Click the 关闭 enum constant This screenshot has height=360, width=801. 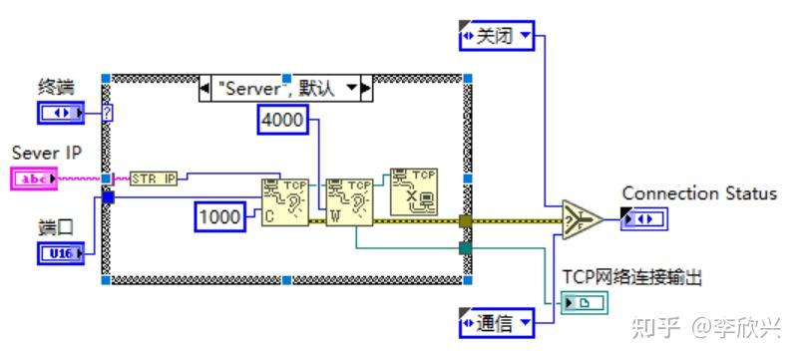point(496,37)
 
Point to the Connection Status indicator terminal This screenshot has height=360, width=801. point(638,218)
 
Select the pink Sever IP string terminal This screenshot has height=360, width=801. point(38,179)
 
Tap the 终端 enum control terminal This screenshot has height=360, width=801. point(61,113)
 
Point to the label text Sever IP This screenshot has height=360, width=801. point(47,153)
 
